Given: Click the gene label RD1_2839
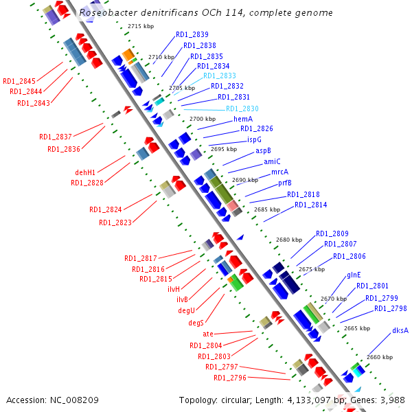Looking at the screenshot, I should [192, 34].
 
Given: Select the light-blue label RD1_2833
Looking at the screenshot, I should [220, 76].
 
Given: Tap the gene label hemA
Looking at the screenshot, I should [243, 119].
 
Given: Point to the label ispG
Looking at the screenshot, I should [254, 139].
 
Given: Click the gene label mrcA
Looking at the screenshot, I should [279, 172].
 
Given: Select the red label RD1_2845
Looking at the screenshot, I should [19, 81].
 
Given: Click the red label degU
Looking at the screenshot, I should [187, 311].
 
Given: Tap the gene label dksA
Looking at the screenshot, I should [400, 330].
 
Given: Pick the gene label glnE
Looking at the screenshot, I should [354, 275].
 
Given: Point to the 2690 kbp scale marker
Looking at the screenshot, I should [245, 180].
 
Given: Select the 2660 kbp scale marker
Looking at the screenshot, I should [380, 357].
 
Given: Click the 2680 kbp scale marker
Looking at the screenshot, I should [288, 240].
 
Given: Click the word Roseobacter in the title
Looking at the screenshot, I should [106, 12].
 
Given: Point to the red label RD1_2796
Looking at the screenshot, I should [229, 378].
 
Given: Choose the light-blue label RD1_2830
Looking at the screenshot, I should [242, 108].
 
